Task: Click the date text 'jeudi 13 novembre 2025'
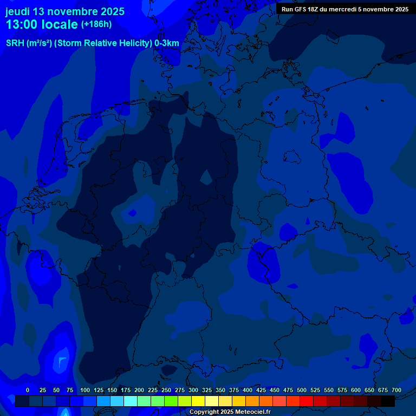pyautogui.click(x=64, y=11)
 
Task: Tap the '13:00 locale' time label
pyautogui.click(x=42, y=24)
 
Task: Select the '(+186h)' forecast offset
pyautogui.click(x=96, y=24)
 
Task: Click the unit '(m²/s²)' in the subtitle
pyautogui.click(x=40, y=43)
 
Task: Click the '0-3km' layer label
pyautogui.click(x=167, y=43)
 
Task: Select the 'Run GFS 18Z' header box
pyautogui.click(x=345, y=9)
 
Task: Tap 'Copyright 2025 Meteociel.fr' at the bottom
pyautogui.click(x=230, y=412)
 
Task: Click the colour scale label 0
pyautogui.click(x=28, y=390)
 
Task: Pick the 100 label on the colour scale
pyautogui.click(x=85, y=390)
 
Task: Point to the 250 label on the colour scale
pyautogui.click(x=166, y=390)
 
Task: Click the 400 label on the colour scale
pyautogui.click(x=248, y=390)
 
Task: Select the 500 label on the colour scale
pyautogui.click(x=302, y=390)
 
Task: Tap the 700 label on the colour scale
pyautogui.click(x=396, y=390)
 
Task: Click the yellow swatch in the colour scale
pyautogui.click(x=198, y=401)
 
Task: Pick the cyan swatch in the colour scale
pyautogui.click(x=131, y=401)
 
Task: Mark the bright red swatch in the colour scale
pyautogui.click(x=307, y=401)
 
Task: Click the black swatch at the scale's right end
pyautogui.click(x=388, y=401)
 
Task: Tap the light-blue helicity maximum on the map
pyautogui.click(x=62, y=361)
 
